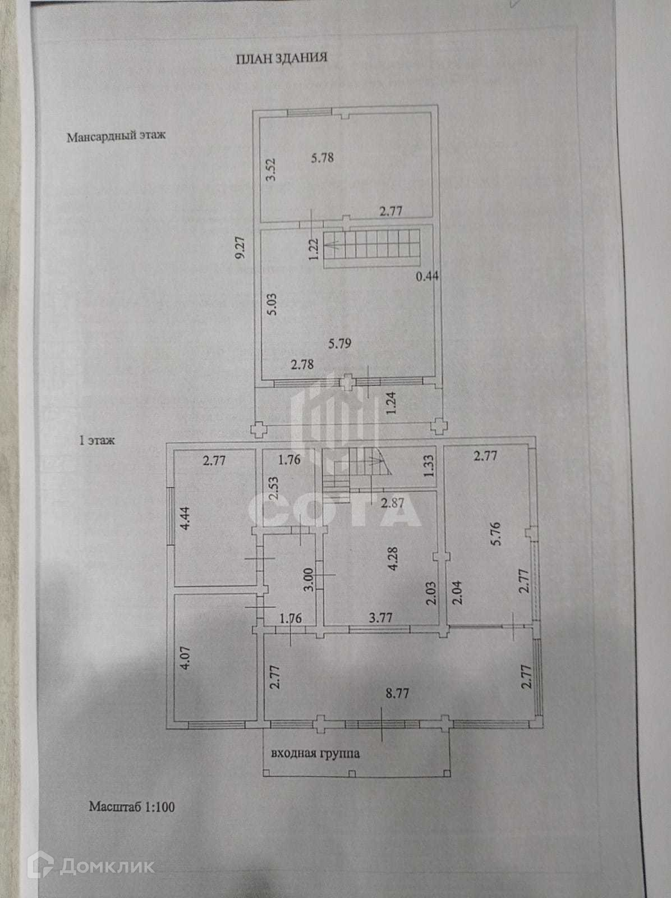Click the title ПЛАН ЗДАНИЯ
[281, 58]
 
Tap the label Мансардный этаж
[116, 136]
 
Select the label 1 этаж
[97, 441]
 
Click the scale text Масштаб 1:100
[132, 807]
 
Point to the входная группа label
[315, 754]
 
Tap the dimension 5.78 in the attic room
[322, 158]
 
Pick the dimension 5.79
[340, 342]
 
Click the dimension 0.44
[428, 276]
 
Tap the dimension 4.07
[187, 657]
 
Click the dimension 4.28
[393, 559]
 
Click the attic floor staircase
[371, 248]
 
